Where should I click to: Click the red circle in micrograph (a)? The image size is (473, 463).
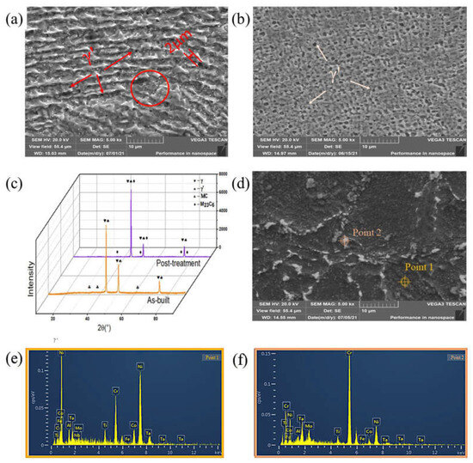tap(151, 90)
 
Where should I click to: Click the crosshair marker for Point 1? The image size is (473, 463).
tap(407, 280)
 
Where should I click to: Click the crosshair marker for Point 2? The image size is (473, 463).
tap(341, 242)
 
